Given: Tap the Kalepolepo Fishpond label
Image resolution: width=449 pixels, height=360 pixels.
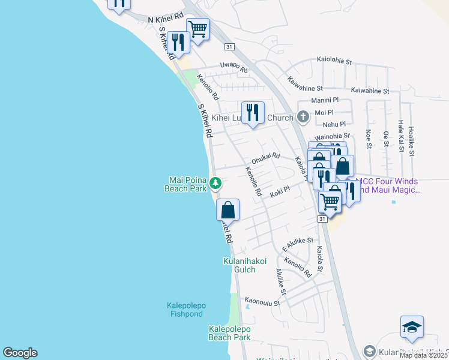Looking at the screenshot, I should click(x=186, y=310).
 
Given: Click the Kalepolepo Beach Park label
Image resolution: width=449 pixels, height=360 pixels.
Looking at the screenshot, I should click(x=229, y=333).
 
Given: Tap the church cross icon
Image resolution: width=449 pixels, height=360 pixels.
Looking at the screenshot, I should click(x=303, y=116).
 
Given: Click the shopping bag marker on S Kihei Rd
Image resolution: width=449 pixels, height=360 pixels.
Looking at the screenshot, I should click(x=228, y=211).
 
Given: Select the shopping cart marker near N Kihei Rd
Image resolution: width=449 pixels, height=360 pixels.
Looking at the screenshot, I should click(x=197, y=28).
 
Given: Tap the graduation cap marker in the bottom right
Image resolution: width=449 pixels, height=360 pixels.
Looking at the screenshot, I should click(x=412, y=328).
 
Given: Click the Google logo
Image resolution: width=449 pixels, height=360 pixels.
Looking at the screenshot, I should click(x=20, y=353).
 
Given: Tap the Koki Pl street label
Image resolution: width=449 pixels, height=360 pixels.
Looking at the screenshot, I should click(x=280, y=191).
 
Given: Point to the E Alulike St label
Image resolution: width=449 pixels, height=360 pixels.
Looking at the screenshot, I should click(x=298, y=244).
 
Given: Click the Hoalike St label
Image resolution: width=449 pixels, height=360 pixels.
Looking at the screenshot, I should click(x=411, y=141).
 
